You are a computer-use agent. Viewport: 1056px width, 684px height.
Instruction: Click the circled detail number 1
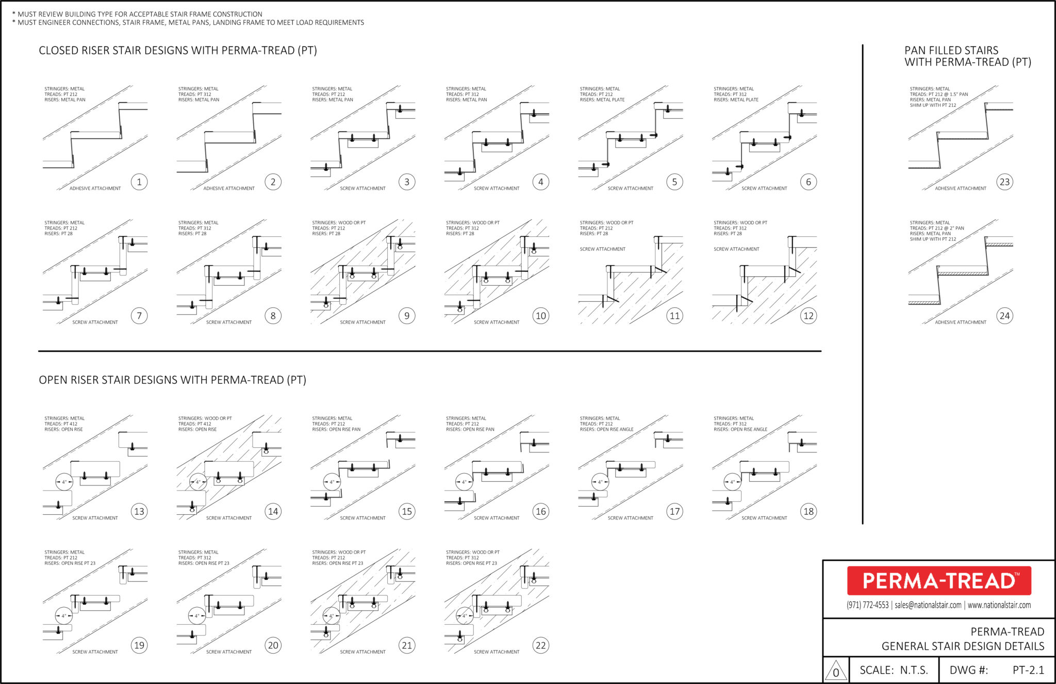(139, 182)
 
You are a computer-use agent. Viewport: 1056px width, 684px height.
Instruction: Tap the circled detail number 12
(808, 316)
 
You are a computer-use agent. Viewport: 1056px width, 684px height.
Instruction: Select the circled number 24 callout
(1004, 316)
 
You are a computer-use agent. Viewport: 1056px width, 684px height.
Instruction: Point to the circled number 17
(674, 511)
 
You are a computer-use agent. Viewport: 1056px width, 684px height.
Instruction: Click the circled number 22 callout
(540, 645)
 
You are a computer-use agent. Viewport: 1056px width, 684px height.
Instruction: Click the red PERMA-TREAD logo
(939, 581)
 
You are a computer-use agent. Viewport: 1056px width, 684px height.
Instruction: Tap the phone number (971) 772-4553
(867, 605)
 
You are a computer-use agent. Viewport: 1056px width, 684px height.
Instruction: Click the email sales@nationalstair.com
(928, 605)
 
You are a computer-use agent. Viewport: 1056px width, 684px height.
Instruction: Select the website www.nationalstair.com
(999, 605)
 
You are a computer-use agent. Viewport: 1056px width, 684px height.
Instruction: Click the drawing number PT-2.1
(1028, 670)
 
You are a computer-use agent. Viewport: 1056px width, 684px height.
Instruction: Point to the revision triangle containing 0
(836, 671)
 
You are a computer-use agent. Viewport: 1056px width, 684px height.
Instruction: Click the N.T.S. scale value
(914, 670)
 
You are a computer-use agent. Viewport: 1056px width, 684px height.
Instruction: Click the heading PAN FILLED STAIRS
(951, 51)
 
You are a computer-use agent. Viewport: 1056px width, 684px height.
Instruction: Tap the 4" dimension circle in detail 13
(64, 482)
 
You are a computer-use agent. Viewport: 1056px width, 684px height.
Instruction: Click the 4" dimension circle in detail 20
(197, 615)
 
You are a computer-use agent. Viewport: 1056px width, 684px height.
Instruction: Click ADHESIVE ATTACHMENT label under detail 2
(229, 188)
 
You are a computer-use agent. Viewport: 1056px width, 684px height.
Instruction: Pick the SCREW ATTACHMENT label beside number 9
(362, 322)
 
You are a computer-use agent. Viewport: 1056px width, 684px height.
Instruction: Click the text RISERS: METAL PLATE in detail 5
(602, 100)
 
